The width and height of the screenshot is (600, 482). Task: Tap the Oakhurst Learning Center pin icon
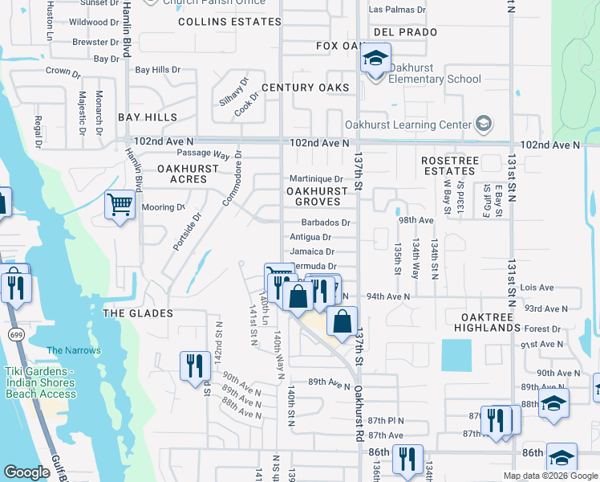click(x=484, y=124)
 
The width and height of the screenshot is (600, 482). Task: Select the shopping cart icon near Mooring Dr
click(x=120, y=205)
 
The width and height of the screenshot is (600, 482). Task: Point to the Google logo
click(x=26, y=472)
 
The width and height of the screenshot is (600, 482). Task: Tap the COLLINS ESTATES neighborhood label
click(x=219, y=22)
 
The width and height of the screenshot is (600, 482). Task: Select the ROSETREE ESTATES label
click(x=449, y=165)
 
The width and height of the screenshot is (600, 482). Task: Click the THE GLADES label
click(x=137, y=312)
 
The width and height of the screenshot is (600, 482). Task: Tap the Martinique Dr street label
click(x=316, y=178)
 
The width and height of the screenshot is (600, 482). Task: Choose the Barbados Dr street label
click(x=323, y=223)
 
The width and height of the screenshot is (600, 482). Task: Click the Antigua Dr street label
click(x=310, y=237)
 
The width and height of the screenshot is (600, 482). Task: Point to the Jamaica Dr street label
click(x=312, y=251)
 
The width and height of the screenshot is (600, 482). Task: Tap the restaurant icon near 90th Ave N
click(x=195, y=366)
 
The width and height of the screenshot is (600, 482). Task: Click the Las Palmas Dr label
click(x=397, y=10)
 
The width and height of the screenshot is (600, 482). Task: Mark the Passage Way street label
click(x=203, y=153)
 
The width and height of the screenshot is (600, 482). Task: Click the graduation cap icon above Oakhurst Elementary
click(x=374, y=58)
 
